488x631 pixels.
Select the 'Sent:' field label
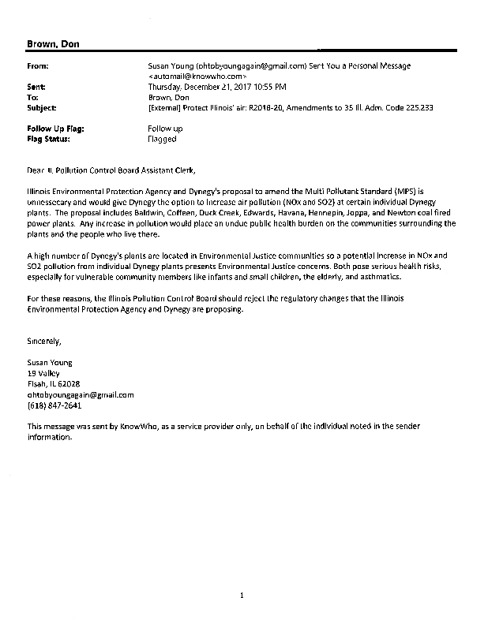click(x=37, y=86)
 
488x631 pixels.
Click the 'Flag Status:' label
click(x=48, y=139)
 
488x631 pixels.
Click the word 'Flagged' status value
click(x=162, y=139)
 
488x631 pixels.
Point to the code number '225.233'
click(x=417, y=106)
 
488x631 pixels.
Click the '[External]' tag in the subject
click(x=167, y=106)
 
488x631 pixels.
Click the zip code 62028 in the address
click(x=81, y=383)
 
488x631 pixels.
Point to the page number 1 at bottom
click(x=242, y=596)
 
